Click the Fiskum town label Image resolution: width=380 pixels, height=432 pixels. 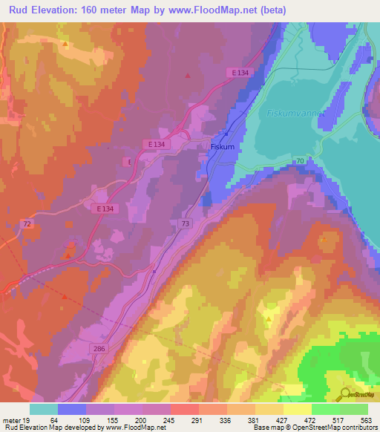click(x=223, y=147)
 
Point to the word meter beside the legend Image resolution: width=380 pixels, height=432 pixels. click(x=10, y=419)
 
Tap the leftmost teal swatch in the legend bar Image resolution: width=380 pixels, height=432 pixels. click(x=43, y=409)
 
